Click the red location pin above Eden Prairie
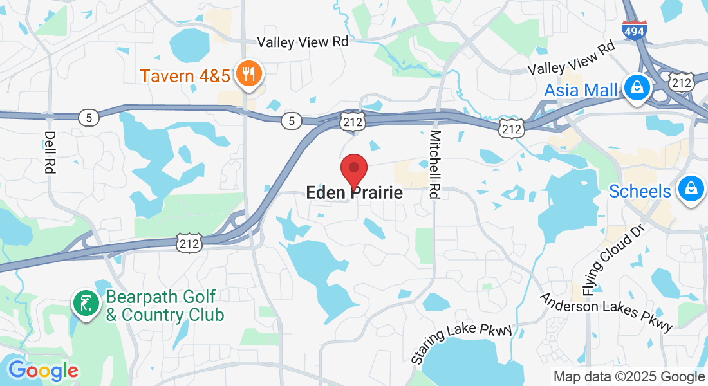point(353,170)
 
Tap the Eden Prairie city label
point(354,192)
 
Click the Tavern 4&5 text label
point(185,76)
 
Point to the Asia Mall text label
point(581,90)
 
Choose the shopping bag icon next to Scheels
point(691,190)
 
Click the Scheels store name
point(640,191)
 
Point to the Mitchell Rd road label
point(436,164)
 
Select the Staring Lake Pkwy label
point(461,344)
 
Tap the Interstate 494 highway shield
point(634,30)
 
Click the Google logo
point(43,370)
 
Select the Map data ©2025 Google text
point(629,376)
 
